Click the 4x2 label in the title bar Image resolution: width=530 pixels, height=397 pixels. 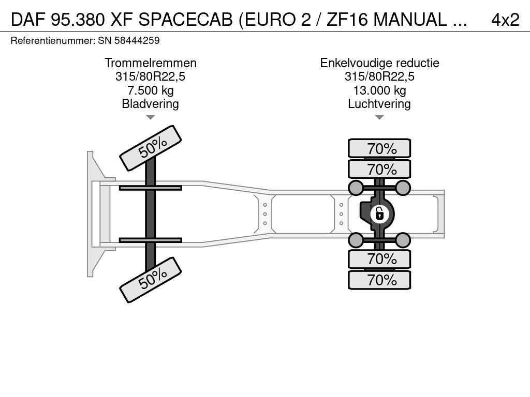[505, 20]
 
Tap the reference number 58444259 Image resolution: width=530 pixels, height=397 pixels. [137, 41]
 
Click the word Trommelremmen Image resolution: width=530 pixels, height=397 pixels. [151, 63]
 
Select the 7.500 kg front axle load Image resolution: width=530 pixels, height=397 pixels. [151, 90]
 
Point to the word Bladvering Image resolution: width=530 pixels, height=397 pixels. [151, 104]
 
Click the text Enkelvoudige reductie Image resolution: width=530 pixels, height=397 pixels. [379, 63]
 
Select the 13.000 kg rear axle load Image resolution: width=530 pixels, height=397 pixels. [379, 90]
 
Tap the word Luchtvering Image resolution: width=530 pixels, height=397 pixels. [379, 104]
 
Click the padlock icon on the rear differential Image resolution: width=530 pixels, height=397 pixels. [379, 214]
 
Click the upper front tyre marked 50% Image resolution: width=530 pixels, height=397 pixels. [151, 148]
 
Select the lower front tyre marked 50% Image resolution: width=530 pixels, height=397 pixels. [151, 280]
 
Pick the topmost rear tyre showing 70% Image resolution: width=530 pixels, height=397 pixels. [379, 148]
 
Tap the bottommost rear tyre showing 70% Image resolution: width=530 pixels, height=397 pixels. [379, 280]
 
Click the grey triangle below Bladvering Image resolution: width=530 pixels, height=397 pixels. [151, 117]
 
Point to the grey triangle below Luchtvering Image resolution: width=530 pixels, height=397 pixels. [379, 117]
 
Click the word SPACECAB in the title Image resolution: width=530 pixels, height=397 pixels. [185, 20]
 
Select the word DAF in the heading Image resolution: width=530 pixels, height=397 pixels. [28, 20]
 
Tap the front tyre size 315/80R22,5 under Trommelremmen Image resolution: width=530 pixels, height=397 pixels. [151, 77]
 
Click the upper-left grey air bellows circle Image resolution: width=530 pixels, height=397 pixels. [356, 188]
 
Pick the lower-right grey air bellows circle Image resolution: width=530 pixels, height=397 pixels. [403, 240]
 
